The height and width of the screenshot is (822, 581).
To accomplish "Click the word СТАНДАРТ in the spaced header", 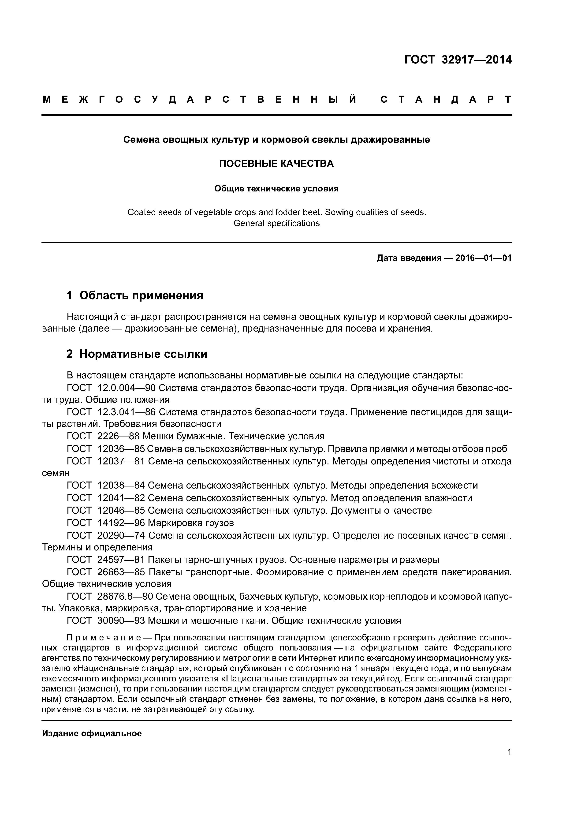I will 446,100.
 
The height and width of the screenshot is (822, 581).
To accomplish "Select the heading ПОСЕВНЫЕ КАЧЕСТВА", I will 276,164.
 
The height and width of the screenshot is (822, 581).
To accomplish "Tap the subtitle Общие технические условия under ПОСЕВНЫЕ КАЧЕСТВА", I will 276,188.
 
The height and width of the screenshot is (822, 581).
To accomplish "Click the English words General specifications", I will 276,223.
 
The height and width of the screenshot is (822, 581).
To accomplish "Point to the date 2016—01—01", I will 483,258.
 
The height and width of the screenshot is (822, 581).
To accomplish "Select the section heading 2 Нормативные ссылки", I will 137,354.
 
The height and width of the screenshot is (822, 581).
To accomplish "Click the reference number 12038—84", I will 121,486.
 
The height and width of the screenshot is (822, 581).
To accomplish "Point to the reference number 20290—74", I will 121,536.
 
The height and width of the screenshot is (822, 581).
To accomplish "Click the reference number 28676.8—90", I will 125,597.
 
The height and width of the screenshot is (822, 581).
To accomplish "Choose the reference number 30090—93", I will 121,621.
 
